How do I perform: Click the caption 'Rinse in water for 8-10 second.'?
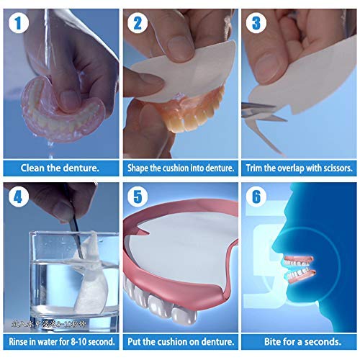pos(60,341)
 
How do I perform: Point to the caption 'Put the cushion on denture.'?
pos(180,341)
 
